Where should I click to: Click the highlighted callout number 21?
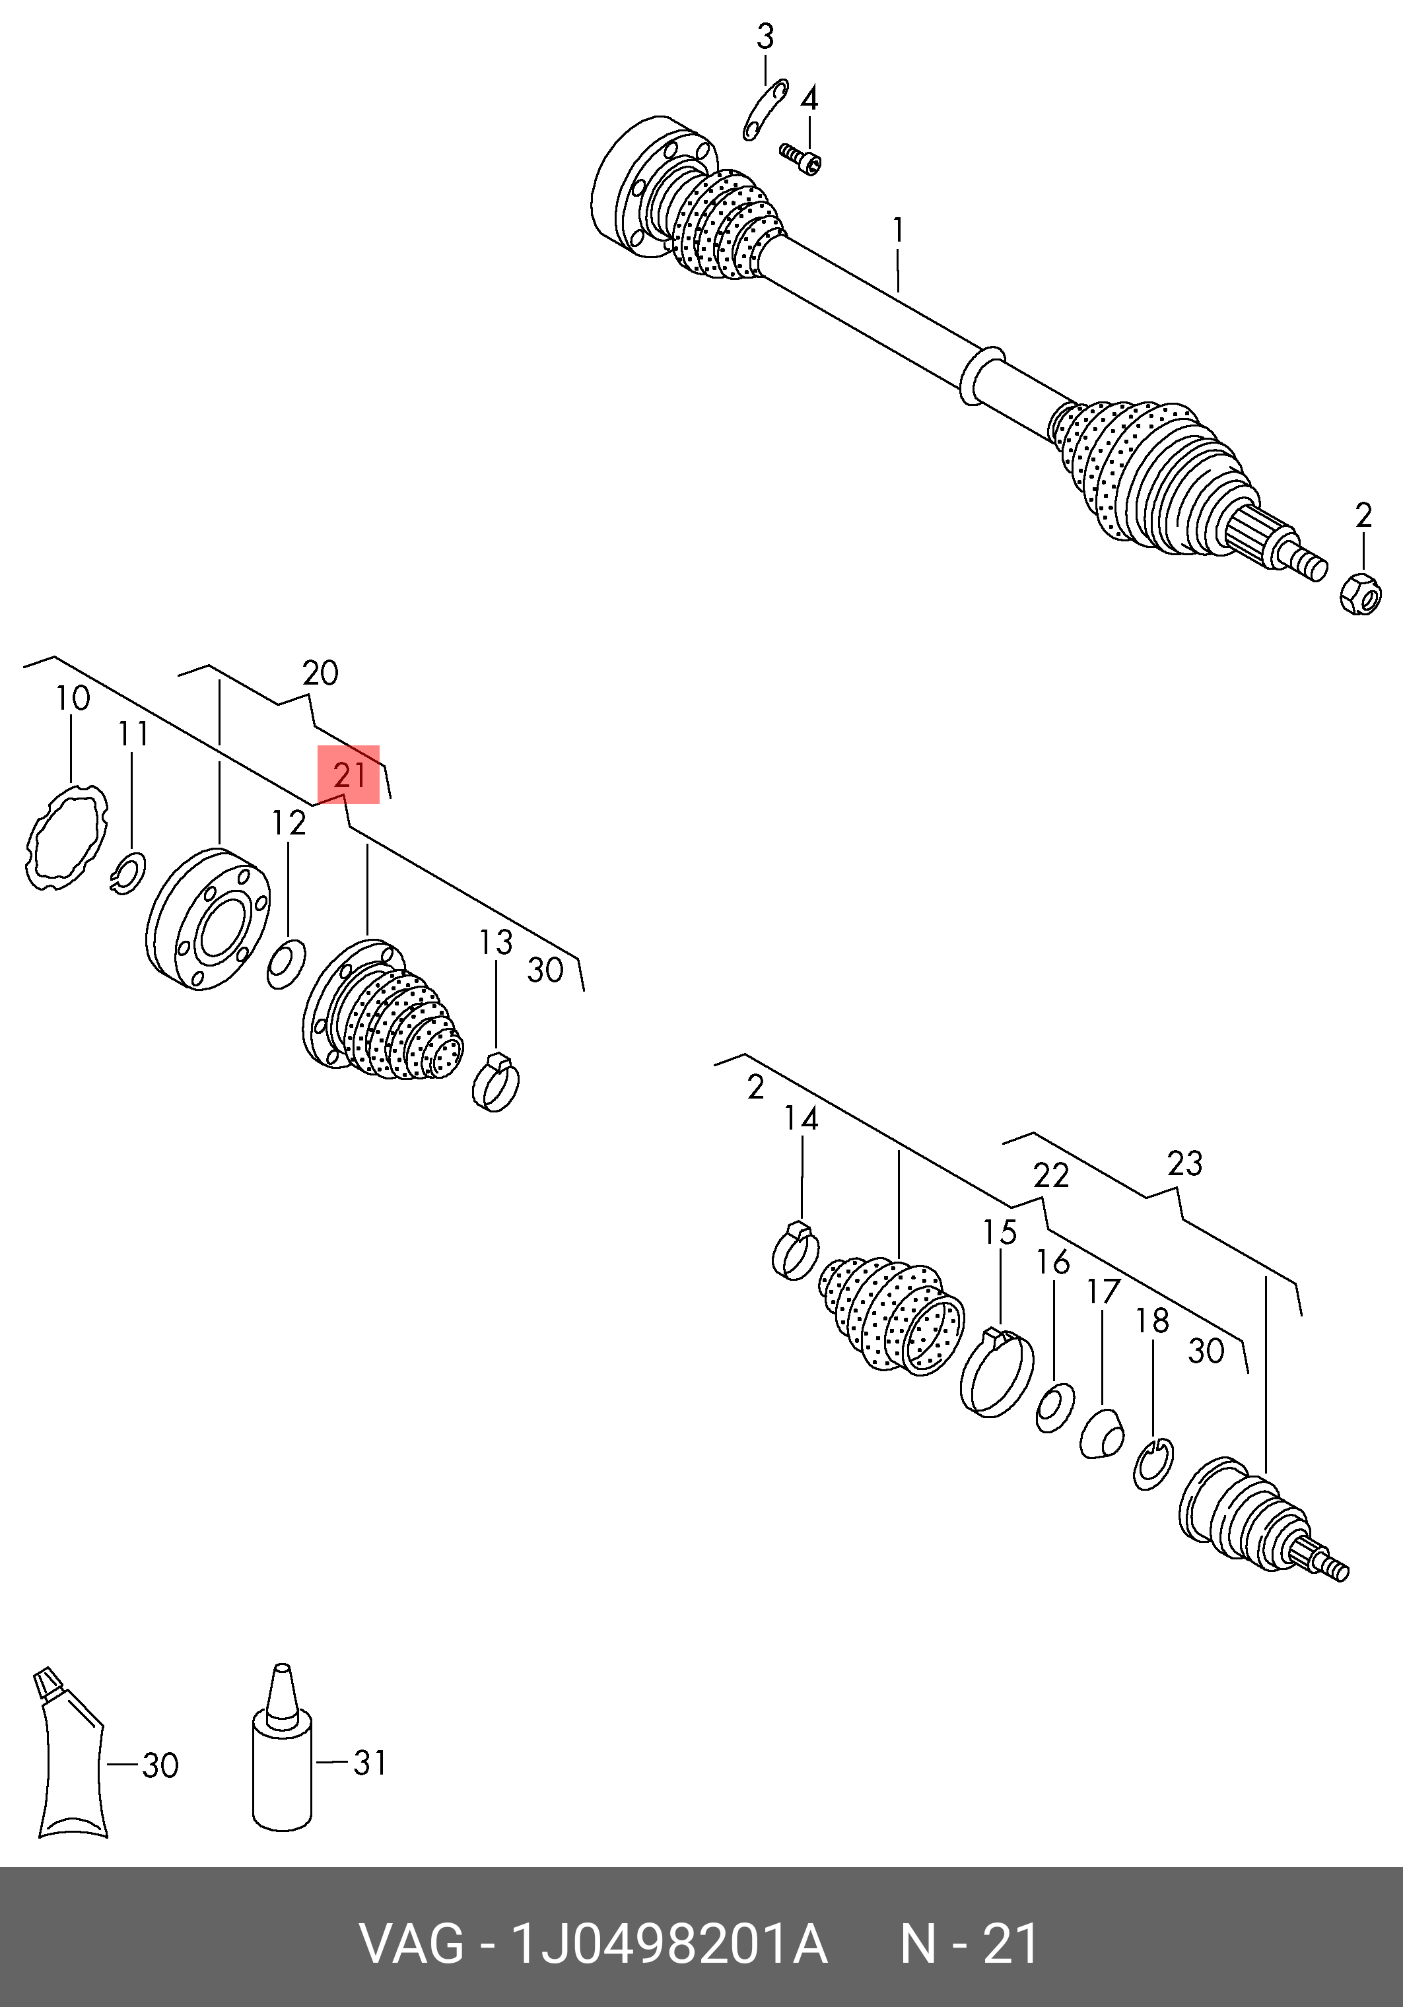(x=349, y=774)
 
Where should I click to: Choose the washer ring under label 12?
(x=286, y=963)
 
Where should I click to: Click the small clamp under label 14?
(x=795, y=1251)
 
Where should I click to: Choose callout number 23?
(x=1184, y=1163)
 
